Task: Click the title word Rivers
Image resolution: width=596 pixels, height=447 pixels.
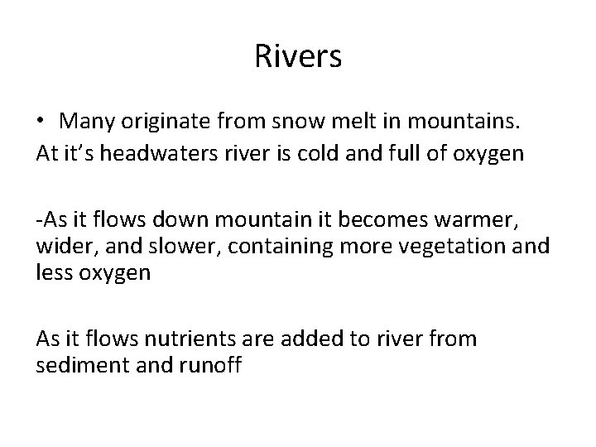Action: (x=297, y=57)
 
